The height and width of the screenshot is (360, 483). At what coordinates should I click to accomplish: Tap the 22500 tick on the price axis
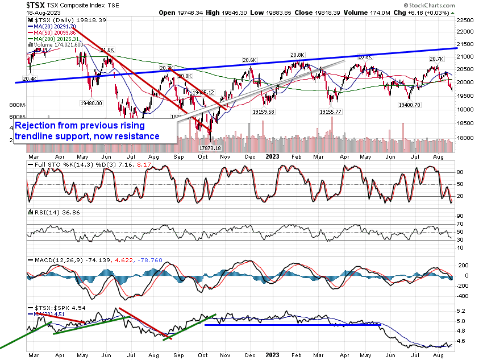(467, 19)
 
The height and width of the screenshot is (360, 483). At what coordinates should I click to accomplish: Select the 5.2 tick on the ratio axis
(461, 311)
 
